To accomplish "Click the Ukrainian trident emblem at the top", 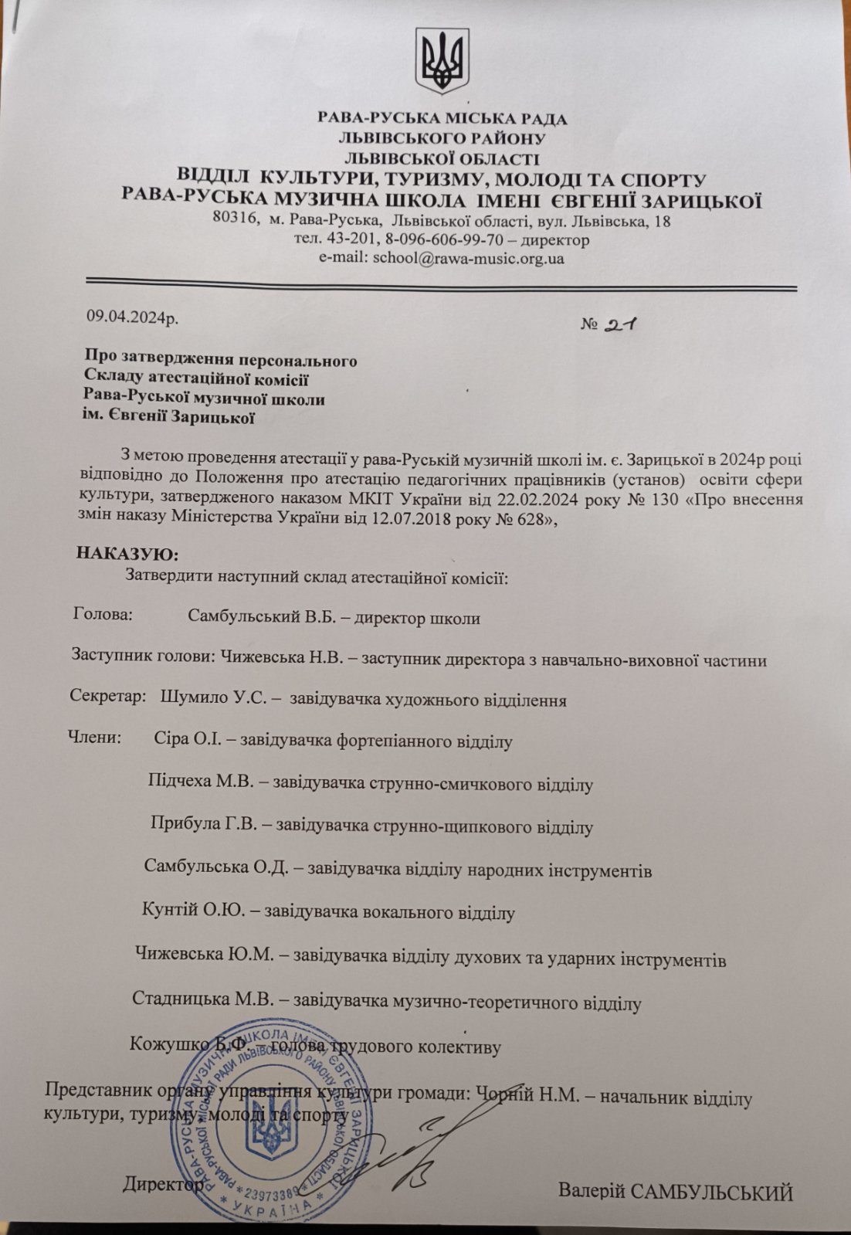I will click(x=442, y=60).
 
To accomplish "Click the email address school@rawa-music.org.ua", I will click(x=468, y=259).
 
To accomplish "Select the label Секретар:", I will click(x=108, y=696).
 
